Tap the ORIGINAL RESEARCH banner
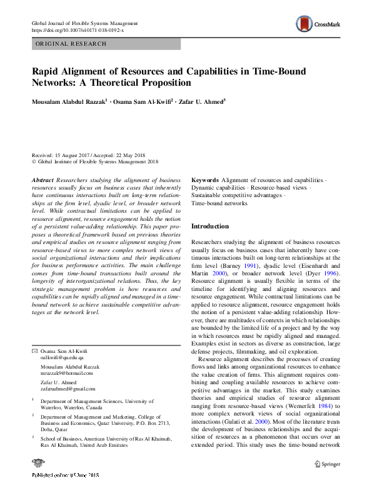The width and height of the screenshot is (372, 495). click(71, 44)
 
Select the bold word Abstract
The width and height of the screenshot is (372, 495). click(42, 180)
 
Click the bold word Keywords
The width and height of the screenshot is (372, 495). click(205, 180)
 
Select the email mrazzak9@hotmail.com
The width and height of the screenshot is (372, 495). click(66, 373)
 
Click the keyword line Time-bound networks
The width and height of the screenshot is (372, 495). click(219, 203)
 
